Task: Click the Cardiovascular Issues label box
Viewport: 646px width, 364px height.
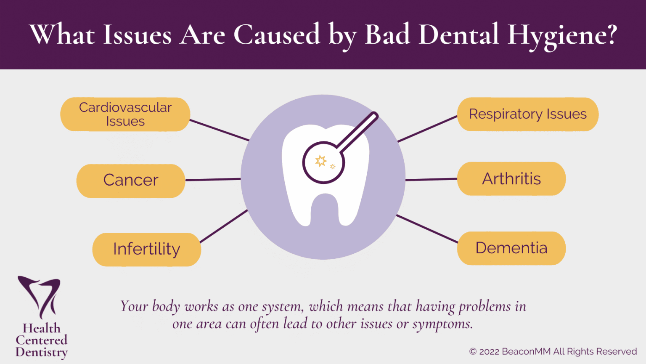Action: pyautogui.click(x=125, y=114)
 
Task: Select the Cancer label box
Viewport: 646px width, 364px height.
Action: pyautogui.click(x=130, y=181)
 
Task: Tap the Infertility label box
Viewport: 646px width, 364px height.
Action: pyautogui.click(x=146, y=249)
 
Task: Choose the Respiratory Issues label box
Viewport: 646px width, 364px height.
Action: pyautogui.click(x=527, y=114)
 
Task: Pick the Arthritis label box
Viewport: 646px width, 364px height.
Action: pyautogui.click(x=511, y=179)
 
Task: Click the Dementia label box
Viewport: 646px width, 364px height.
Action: pyautogui.click(x=511, y=248)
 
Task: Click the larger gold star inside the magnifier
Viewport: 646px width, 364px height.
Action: pyautogui.click(x=321, y=161)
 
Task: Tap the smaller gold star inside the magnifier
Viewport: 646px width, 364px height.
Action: pyautogui.click(x=333, y=167)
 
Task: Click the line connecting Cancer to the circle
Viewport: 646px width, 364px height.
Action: pyautogui.click(x=213, y=180)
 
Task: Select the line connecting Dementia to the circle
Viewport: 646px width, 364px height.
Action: pyautogui.click(x=427, y=228)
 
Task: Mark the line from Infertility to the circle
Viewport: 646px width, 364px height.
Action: pyautogui.click(x=224, y=226)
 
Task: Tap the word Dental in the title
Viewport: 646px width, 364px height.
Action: pyautogui.click(x=459, y=35)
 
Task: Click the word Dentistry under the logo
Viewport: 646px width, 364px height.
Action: pyautogui.click(x=42, y=352)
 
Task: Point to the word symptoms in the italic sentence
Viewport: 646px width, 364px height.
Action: pyautogui.click(x=442, y=324)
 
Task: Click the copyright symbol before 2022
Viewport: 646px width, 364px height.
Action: pyautogui.click(x=473, y=352)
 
